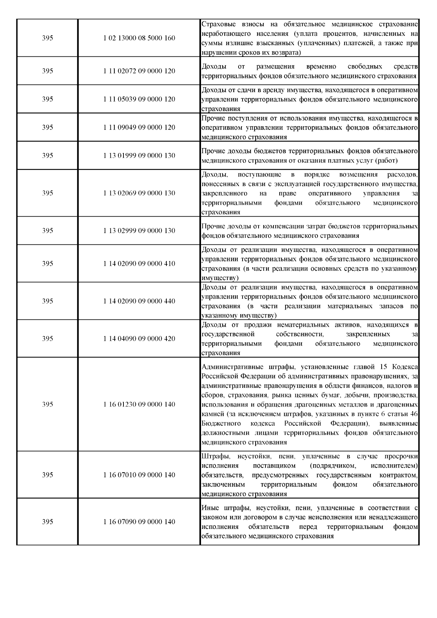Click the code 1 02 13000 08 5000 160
pos(139,38)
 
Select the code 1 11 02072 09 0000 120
pos(139,71)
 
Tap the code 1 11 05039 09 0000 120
pos(139,99)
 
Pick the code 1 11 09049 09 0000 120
pos(139,127)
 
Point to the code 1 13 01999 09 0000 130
pos(139,156)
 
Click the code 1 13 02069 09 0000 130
pos(139,193)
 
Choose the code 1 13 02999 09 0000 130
pos(139,231)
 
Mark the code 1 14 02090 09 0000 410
pos(139,263)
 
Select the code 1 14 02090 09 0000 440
pos(139,301)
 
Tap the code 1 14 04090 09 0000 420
pos(139,339)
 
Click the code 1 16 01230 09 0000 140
pos(139,404)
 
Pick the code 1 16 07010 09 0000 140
pos(139,475)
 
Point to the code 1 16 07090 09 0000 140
pos(139,522)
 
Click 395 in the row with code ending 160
pos(47,38)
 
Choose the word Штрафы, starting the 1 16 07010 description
pos(214,456)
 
